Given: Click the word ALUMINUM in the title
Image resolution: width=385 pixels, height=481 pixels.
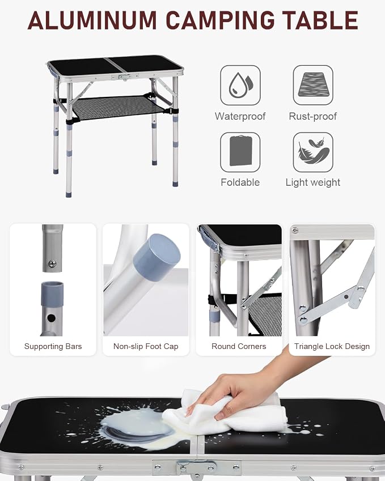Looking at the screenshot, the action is (92, 20).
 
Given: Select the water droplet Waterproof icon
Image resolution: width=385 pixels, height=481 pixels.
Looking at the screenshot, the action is (240, 86).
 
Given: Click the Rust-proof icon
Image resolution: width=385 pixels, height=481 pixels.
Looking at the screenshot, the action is (313, 86).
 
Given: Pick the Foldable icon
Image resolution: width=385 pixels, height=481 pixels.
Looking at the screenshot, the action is (240, 152).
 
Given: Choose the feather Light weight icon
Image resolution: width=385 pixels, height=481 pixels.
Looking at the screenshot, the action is (313, 152).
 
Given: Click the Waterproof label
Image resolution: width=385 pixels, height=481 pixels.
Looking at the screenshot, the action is (240, 116).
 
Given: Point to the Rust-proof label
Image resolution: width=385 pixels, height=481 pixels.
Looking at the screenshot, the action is (313, 116).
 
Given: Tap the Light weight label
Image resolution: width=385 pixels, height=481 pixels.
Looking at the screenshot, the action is (313, 182).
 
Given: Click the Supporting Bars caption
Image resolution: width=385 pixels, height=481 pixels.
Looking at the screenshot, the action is (53, 346).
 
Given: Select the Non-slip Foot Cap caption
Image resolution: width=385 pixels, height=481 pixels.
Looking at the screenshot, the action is (146, 346).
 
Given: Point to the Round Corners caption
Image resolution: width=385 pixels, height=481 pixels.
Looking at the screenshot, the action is (239, 346).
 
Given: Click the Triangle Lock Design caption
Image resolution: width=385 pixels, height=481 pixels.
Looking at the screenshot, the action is (332, 346).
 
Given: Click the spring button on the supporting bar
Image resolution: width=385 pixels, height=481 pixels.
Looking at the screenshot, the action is (52, 263).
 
